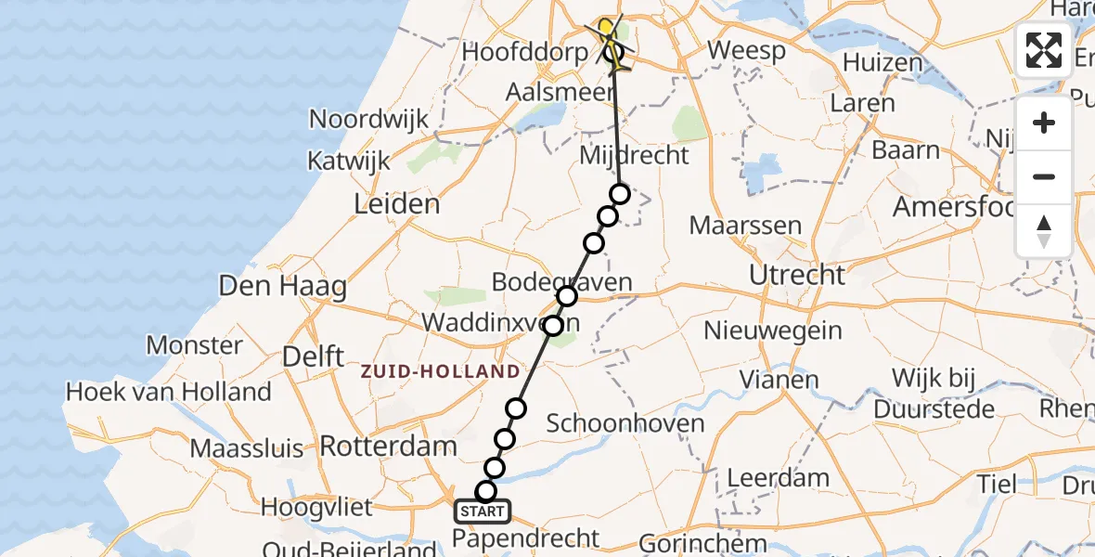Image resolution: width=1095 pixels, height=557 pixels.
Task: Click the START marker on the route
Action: coord(482,512)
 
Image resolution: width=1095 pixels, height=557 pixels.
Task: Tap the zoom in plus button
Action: coord(1044,123)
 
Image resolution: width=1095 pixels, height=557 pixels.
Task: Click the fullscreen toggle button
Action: coord(1044,50)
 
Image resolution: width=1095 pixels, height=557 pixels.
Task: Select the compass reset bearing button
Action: coord(1044,230)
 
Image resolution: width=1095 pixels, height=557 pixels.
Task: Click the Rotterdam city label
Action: coord(389,446)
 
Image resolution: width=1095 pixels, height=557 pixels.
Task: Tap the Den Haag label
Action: coord(283,286)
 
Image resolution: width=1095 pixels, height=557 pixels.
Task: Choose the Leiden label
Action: coord(397,203)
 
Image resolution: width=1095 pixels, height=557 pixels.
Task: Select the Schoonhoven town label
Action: coord(625,424)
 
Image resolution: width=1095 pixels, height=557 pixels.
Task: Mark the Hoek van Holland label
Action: coord(168,392)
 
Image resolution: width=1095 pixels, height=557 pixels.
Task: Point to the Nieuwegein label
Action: coord(773,330)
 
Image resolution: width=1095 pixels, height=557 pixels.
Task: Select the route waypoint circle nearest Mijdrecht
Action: coord(620,194)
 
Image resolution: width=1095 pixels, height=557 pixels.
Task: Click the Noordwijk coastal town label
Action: coord(369,119)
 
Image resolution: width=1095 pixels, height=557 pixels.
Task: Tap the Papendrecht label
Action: coord(527,538)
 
